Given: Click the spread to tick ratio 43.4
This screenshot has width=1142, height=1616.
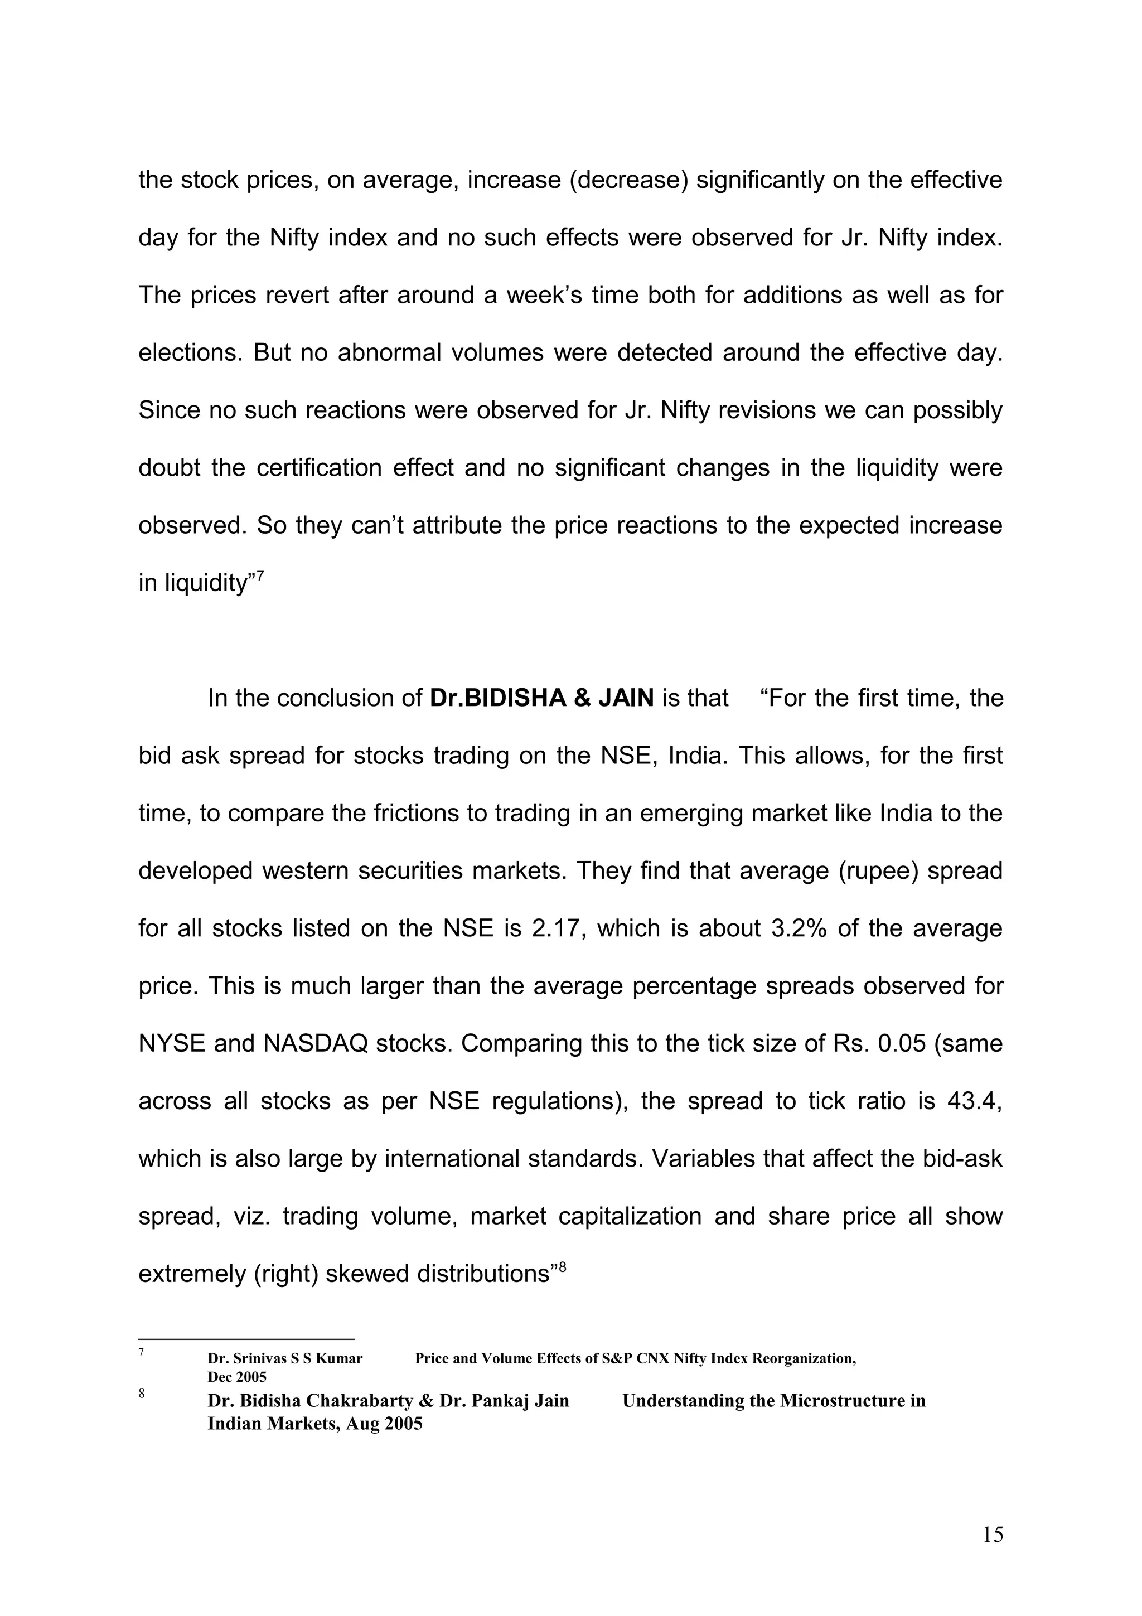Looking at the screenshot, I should tap(973, 1101).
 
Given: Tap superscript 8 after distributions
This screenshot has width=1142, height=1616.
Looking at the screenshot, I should tap(562, 1267).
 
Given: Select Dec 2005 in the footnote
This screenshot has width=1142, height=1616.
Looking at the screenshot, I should tap(236, 1377).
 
